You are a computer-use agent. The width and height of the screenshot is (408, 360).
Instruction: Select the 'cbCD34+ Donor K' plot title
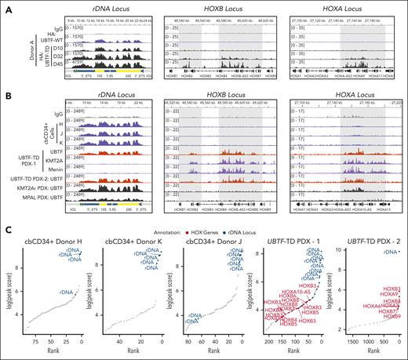pos(133,243)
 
